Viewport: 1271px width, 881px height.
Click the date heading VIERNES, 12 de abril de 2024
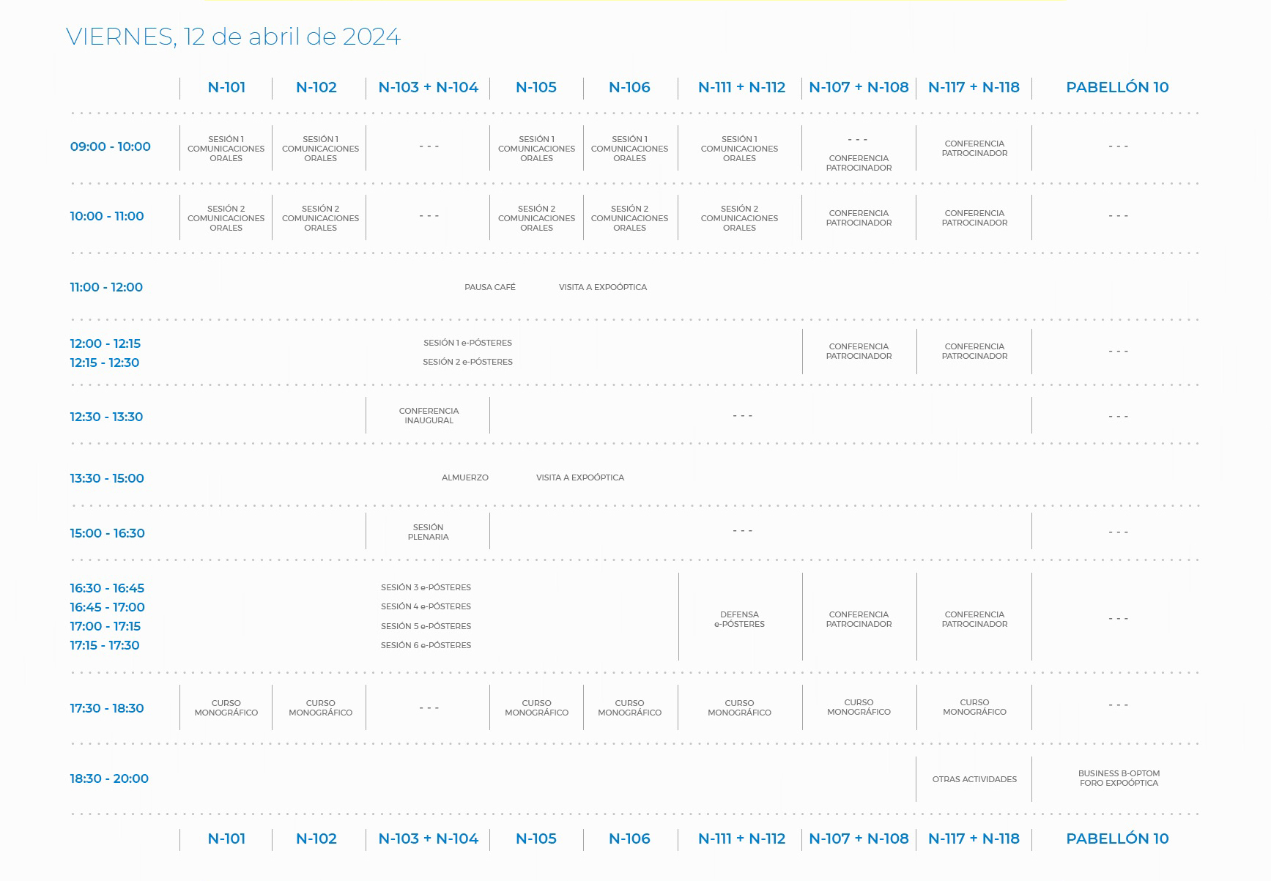coord(233,37)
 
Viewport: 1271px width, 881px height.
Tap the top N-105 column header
coord(536,87)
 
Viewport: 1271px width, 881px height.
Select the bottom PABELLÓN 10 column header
coord(1116,839)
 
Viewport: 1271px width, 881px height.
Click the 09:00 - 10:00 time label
coord(110,146)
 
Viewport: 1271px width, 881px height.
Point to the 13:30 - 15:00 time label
coord(106,478)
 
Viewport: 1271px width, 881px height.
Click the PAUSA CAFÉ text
coord(489,287)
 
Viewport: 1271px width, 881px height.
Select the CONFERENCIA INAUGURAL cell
coord(429,416)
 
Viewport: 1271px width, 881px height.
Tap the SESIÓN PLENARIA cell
coord(428,532)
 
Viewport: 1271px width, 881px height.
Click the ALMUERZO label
coord(464,477)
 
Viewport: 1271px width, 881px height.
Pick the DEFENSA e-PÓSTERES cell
coord(739,620)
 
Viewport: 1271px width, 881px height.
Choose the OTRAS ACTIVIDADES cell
coord(974,779)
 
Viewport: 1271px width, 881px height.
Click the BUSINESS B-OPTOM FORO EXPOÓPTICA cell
coord(1118,778)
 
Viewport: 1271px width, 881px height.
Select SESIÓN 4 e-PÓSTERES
coord(426,606)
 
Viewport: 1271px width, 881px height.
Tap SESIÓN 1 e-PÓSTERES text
coord(467,343)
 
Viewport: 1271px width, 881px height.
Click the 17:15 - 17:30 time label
coord(104,645)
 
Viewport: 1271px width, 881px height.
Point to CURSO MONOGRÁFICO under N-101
coord(226,708)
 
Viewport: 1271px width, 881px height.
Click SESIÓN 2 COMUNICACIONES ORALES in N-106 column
coord(629,218)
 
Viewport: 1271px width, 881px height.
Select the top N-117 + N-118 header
coord(973,87)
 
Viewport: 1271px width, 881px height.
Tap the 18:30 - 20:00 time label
coord(108,778)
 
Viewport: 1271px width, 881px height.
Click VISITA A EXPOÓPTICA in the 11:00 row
coord(602,287)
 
